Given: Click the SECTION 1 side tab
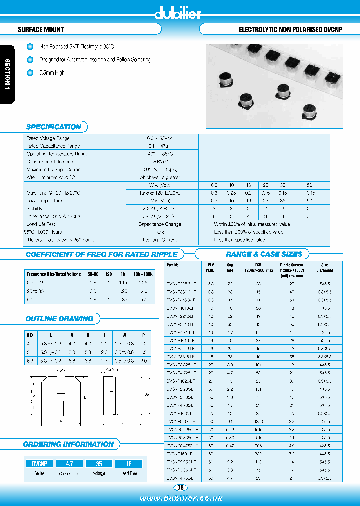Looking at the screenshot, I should click(x=7, y=74).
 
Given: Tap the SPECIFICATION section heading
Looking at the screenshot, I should click(x=53, y=127).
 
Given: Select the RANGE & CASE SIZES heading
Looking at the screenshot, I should click(x=264, y=254).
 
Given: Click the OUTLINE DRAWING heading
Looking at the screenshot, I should click(x=59, y=319).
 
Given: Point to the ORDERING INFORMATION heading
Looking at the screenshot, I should click(x=68, y=444).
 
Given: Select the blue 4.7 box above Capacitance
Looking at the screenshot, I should click(x=69, y=463).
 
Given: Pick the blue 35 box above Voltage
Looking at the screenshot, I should click(x=99, y=463).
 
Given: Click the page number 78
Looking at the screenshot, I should click(x=180, y=488).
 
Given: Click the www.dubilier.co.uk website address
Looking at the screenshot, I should click(x=181, y=498).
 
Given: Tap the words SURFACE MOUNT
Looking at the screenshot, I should click(x=41, y=30).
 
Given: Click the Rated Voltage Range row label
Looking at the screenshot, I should click(x=48, y=138).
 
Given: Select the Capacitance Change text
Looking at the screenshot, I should click(x=160, y=224).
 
